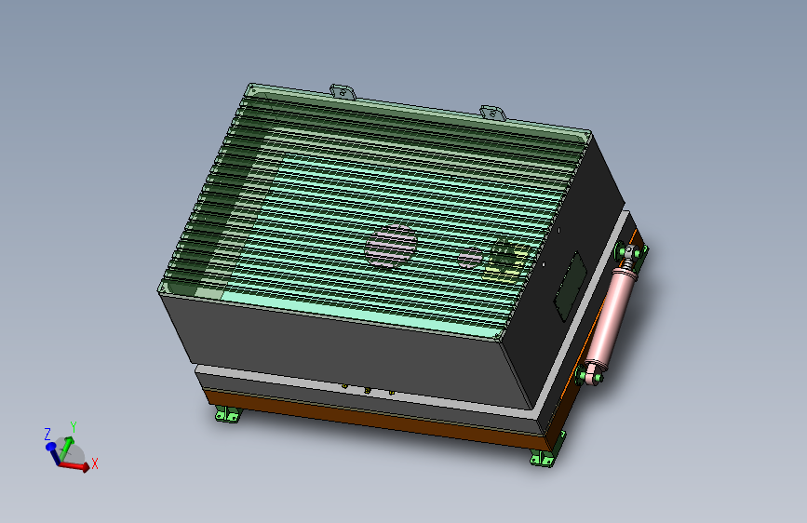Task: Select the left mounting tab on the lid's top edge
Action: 343,92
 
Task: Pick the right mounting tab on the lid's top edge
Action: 492,114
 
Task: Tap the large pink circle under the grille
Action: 391,246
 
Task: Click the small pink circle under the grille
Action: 470,258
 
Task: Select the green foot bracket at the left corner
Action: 228,413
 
